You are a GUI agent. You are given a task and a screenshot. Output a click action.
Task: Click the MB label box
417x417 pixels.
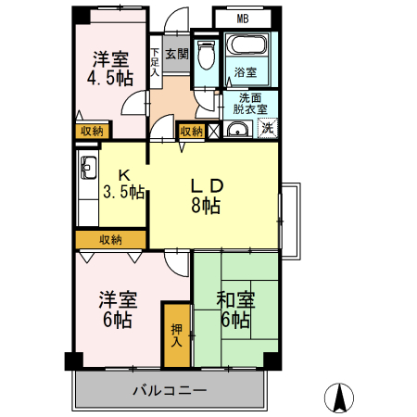point(242,18)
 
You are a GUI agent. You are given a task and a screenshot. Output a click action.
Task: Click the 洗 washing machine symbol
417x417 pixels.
point(267,130)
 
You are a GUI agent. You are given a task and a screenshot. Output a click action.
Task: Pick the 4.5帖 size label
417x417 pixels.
point(108,79)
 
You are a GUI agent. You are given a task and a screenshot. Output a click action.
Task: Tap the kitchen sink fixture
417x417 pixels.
point(91,168)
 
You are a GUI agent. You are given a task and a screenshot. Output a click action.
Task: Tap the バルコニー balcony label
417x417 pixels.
point(169,390)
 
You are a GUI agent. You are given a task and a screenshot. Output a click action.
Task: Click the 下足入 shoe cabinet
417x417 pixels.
point(156,59)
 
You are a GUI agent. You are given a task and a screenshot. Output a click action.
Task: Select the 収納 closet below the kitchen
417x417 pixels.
point(109,240)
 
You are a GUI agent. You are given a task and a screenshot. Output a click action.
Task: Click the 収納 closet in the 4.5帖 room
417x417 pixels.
point(90,132)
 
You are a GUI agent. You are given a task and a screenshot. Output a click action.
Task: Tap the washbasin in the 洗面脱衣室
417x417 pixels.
point(235,130)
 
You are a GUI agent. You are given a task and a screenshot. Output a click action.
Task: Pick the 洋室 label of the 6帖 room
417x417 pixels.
point(118,299)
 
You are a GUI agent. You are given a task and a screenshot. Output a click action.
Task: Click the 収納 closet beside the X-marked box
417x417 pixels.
point(192,132)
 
